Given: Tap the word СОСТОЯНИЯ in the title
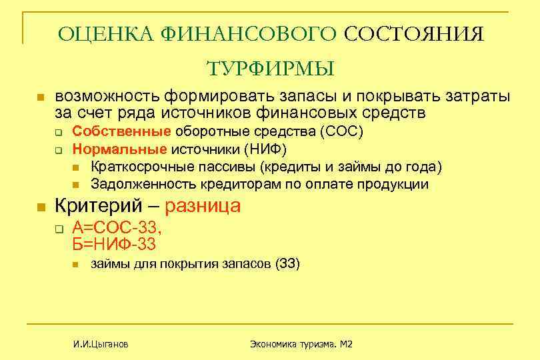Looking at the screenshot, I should (x=414, y=34).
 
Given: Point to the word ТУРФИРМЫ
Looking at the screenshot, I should (x=270, y=69).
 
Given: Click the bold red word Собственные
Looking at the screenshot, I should (x=122, y=131).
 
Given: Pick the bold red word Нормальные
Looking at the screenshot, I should (x=119, y=148).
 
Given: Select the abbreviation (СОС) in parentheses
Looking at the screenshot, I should (x=342, y=131).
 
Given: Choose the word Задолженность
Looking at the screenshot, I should (x=137, y=183).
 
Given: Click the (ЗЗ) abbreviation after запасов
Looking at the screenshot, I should (x=287, y=265).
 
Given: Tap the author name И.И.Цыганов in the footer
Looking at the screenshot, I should (x=101, y=344).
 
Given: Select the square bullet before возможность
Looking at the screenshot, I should (x=40, y=97).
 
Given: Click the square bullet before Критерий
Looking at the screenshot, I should (x=40, y=207).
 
